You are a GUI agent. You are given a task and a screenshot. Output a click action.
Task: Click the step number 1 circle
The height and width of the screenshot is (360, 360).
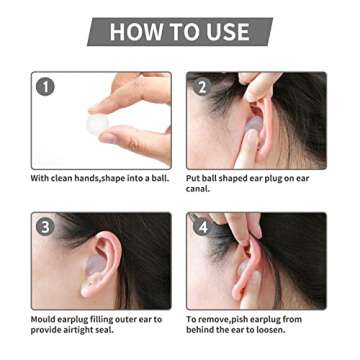point(45,87)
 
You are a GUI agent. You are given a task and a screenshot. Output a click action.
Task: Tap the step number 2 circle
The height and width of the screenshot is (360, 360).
point(202,87)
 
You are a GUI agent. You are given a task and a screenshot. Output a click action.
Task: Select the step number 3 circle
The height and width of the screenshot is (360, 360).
point(45,226)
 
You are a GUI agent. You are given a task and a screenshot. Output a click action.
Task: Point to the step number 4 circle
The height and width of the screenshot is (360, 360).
point(202,226)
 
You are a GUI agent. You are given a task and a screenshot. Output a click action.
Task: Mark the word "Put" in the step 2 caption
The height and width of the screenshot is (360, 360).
point(194,178)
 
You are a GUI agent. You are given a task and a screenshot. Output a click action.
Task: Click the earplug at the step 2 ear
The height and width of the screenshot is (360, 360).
point(252,127)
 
